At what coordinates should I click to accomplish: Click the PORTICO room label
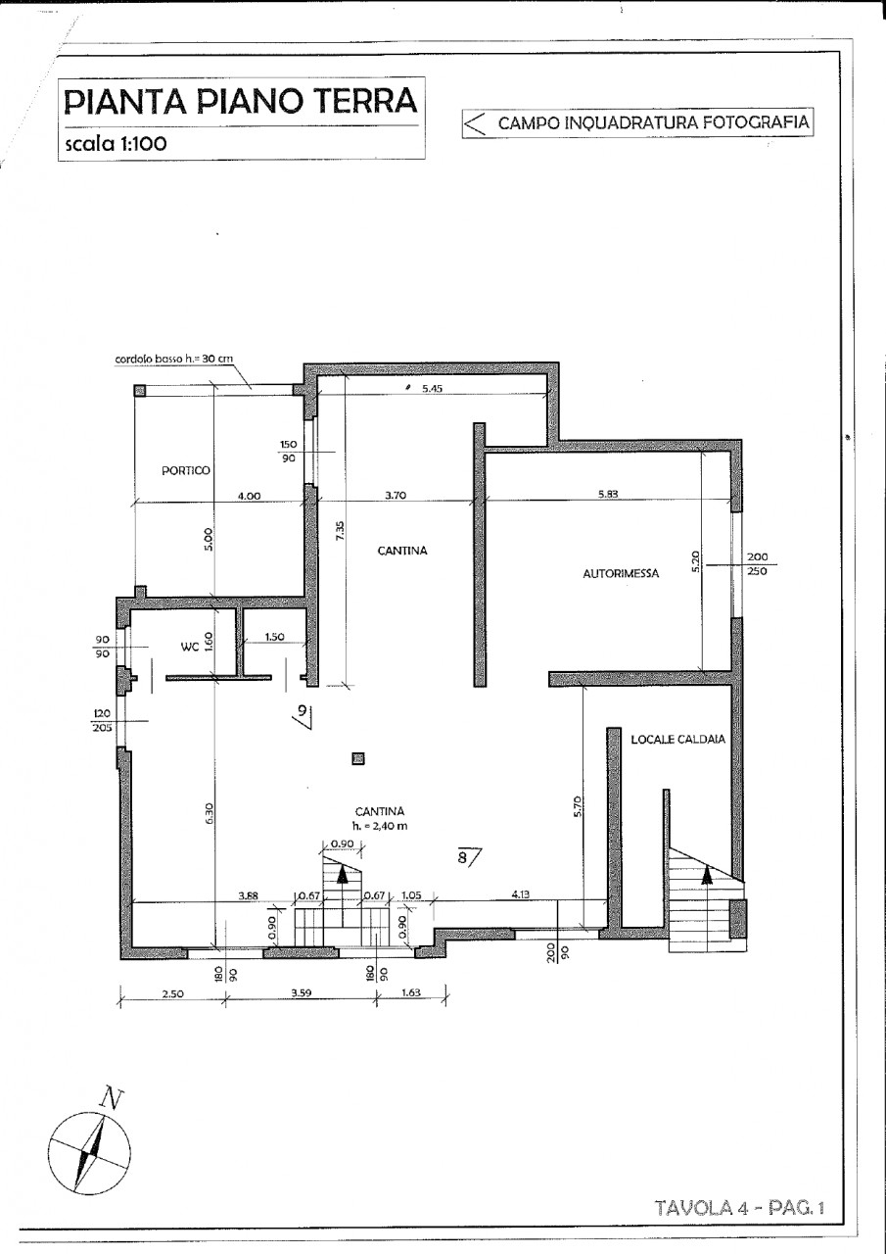click(186, 471)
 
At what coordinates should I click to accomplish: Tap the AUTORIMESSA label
click(621, 574)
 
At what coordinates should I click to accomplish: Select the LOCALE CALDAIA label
click(677, 740)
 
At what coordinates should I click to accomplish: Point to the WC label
click(190, 648)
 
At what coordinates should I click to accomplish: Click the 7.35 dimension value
click(341, 531)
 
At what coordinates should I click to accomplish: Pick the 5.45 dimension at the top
click(433, 389)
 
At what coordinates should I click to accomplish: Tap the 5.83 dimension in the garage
click(608, 495)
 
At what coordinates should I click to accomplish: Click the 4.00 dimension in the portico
click(250, 496)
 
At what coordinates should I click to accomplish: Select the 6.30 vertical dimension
click(210, 813)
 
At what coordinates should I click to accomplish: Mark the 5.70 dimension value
click(578, 806)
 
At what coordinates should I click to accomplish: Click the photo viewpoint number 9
click(303, 711)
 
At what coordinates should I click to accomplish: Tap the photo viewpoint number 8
click(462, 856)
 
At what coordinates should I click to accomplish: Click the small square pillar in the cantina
click(358, 758)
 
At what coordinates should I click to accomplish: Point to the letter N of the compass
click(112, 1100)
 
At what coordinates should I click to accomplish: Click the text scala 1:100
click(117, 144)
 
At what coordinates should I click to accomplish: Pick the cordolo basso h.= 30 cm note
click(174, 359)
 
